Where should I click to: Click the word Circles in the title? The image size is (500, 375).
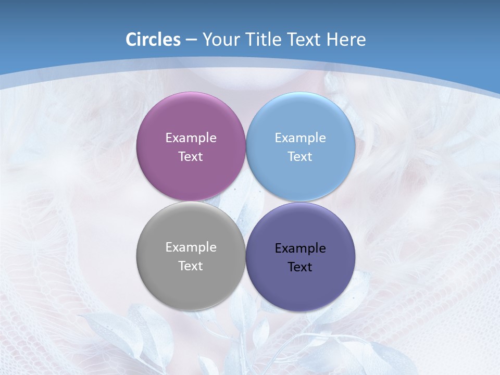point(153,40)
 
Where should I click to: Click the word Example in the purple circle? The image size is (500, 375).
point(191,138)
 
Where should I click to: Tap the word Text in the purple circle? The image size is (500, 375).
point(191,157)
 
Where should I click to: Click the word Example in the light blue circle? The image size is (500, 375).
point(300,138)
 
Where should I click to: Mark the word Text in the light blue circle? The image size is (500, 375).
point(300,157)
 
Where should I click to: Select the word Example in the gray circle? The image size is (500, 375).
point(191,247)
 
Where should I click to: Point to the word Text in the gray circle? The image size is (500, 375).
point(191,266)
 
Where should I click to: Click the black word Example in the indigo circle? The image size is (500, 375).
point(300,248)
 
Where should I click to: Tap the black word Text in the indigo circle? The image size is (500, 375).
point(300,267)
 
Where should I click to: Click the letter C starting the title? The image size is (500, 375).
point(131,40)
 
